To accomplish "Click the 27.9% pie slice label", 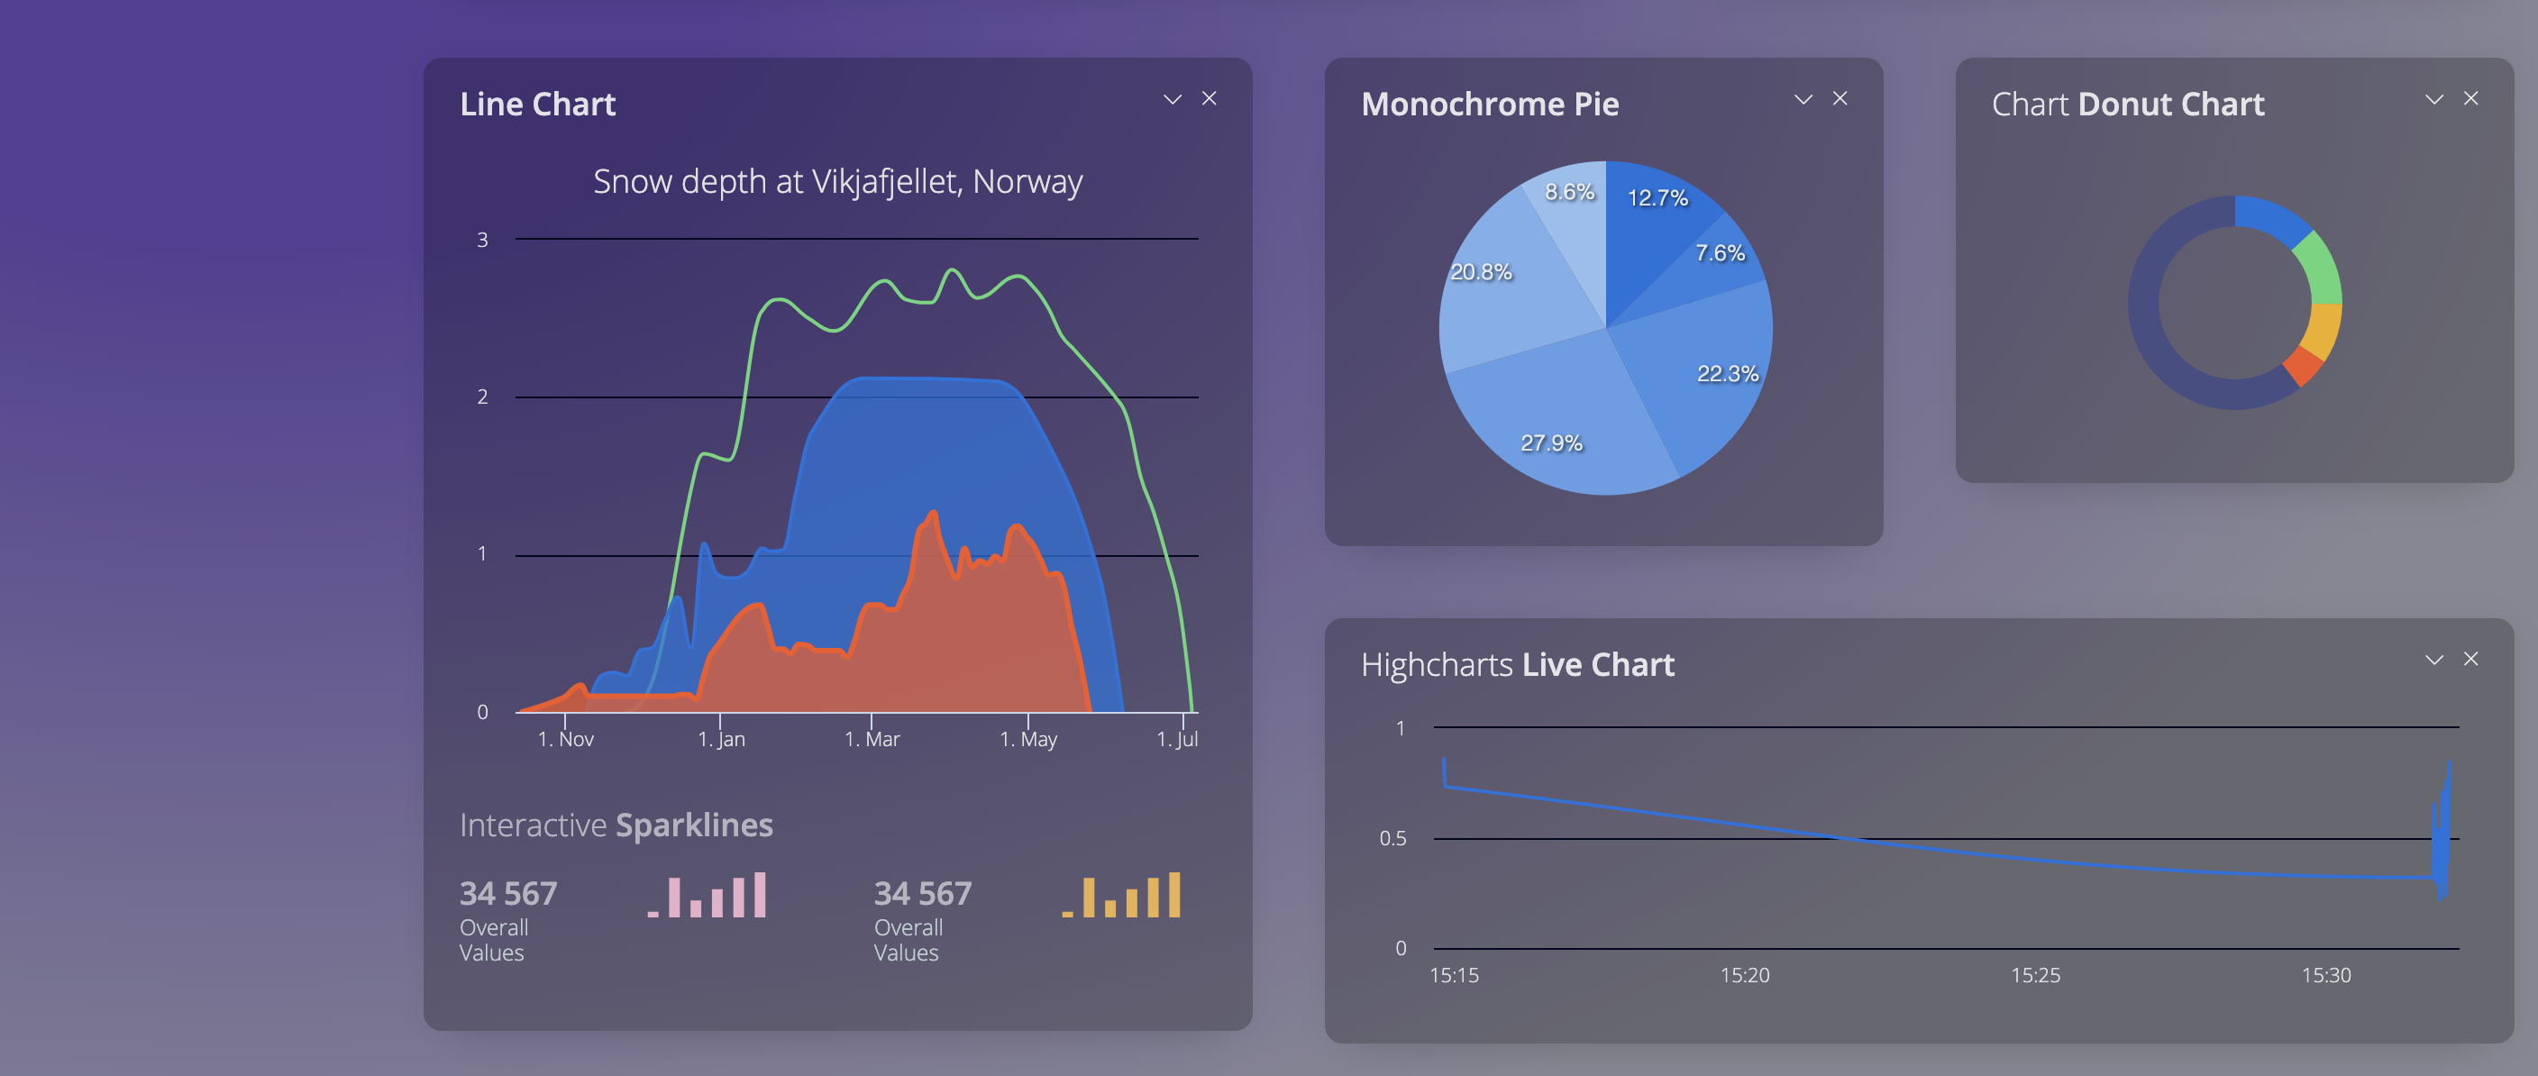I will click(x=1551, y=443).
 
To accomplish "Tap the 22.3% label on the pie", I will click(x=1726, y=373).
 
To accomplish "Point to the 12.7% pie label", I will click(x=1657, y=198).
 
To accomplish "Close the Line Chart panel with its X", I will click(x=1209, y=98).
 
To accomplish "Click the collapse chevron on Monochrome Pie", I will click(x=1803, y=99).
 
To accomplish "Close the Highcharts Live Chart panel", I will click(x=2470, y=659).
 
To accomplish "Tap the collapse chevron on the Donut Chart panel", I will click(x=2433, y=99).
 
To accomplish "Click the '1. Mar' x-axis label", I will click(x=872, y=739).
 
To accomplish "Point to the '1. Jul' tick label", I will click(x=1176, y=739).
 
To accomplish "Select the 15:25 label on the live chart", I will click(x=2034, y=975).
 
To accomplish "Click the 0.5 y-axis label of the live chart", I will click(x=1392, y=838).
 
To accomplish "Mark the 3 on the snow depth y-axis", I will click(x=483, y=241).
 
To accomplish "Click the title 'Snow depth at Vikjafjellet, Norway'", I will click(x=837, y=181).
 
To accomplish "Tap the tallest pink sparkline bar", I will click(x=761, y=895).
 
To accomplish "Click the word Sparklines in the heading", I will click(x=694, y=825).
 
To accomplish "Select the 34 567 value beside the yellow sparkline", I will click(x=922, y=894).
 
